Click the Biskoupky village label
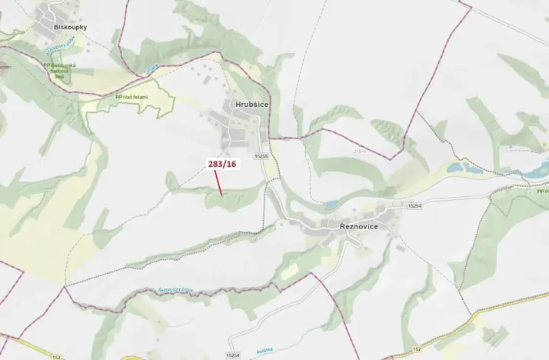click(x=70, y=27)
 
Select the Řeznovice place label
click(x=364, y=226)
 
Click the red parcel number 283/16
click(x=221, y=164)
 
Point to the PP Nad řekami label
click(x=131, y=97)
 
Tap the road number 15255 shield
click(x=260, y=156)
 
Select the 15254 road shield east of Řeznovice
click(x=415, y=206)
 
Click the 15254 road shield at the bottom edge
click(x=234, y=355)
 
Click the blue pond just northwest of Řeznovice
click(x=331, y=205)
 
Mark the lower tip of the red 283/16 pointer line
click(x=222, y=195)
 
